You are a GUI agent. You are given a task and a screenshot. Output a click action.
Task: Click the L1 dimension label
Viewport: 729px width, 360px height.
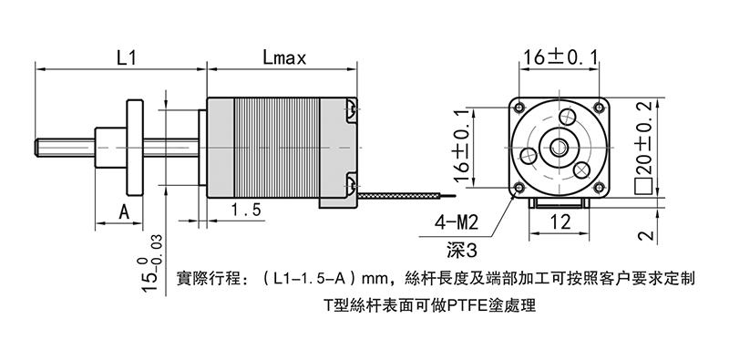[126, 58]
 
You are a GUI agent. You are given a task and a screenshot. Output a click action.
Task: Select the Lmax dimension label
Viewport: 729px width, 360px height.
[284, 58]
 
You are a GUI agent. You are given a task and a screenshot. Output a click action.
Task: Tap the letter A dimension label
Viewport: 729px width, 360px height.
[124, 212]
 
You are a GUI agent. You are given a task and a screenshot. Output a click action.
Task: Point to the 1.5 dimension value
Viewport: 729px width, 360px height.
[246, 211]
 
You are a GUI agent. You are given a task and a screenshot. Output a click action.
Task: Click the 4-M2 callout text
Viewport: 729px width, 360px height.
[457, 222]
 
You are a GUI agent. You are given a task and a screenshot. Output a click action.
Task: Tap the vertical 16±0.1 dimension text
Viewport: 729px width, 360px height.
[462, 147]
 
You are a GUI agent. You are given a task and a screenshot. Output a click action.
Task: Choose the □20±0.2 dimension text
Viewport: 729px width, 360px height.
[644, 147]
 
